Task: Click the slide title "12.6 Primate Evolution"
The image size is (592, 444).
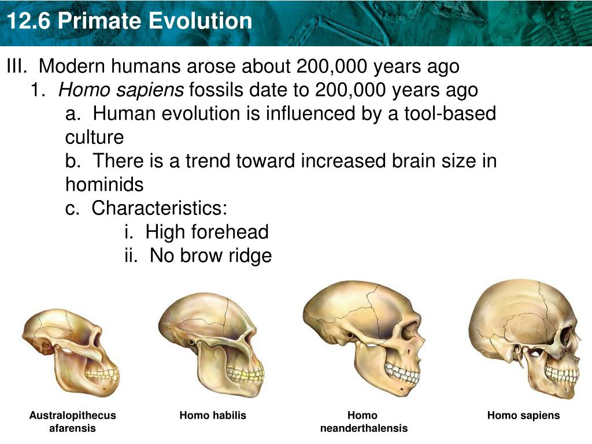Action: coord(129,21)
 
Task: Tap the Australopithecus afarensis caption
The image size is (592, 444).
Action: coord(72,421)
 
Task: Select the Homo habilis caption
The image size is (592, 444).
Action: coord(213,415)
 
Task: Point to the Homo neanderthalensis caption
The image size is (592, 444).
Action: coord(363,421)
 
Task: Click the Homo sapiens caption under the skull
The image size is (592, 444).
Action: coord(523,415)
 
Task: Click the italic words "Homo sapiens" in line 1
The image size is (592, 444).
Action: coord(121,90)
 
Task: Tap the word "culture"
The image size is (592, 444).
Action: coord(94,138)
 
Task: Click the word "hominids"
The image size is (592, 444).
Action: coord(104,185)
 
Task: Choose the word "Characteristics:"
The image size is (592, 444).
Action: coord(160,208)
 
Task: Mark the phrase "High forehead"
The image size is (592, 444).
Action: coord(206,232)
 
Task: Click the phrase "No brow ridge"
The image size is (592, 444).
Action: coord(210,256)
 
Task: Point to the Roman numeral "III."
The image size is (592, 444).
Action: coord(17,66)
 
